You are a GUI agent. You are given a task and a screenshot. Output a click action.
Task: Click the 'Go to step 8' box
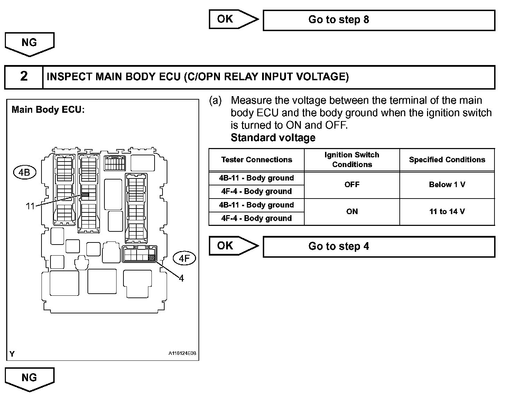379,20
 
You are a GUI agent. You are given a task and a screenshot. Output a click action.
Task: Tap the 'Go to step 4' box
379,247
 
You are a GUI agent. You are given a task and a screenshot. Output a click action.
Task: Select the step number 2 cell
24,77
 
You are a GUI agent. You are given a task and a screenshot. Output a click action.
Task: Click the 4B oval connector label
24,172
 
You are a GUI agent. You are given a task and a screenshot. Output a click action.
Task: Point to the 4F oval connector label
184,259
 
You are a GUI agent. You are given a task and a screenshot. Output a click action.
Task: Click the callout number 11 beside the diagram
30,206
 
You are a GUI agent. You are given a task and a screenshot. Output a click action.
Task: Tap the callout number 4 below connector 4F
181,278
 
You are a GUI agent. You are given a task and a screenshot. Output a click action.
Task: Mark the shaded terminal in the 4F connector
151,258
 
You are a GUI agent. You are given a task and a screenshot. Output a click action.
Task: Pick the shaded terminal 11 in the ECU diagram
85,195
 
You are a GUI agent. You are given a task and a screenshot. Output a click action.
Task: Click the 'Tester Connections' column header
257,160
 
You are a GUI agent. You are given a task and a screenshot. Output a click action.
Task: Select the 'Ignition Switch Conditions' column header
352,160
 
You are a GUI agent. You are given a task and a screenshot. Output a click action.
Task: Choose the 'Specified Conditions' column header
447,160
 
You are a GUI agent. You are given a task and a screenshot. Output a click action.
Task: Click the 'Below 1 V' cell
447,185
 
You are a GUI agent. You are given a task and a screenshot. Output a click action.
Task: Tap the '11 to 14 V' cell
447,212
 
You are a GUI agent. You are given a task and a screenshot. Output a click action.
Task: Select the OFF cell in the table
352,185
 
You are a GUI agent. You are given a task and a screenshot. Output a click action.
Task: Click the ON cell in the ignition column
352,212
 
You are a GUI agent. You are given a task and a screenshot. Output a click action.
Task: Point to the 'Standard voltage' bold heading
273,138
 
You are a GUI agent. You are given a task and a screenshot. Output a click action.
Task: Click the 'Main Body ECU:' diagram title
48,110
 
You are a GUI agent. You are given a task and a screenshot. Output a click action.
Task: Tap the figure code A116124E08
182,353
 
